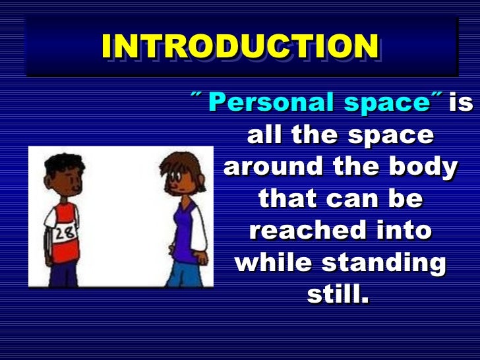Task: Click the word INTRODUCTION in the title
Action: [240, 45]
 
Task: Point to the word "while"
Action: [272, 263]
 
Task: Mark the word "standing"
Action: [382, 263]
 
